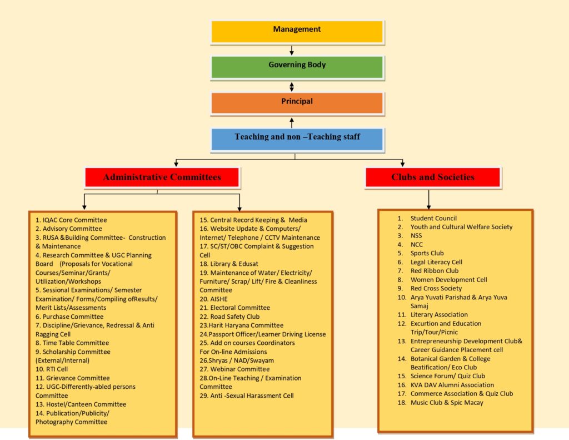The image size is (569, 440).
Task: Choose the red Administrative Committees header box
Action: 162,177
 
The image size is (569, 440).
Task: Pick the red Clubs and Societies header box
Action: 433,177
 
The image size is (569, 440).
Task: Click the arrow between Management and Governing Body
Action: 292,50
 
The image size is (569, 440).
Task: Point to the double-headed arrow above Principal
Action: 292,86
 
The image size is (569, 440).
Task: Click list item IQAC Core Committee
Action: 71,220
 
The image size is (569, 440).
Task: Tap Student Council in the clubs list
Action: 433,218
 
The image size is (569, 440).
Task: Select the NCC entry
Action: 417,244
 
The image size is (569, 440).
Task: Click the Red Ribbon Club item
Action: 435,271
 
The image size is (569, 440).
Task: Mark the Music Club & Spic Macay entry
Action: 447,402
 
